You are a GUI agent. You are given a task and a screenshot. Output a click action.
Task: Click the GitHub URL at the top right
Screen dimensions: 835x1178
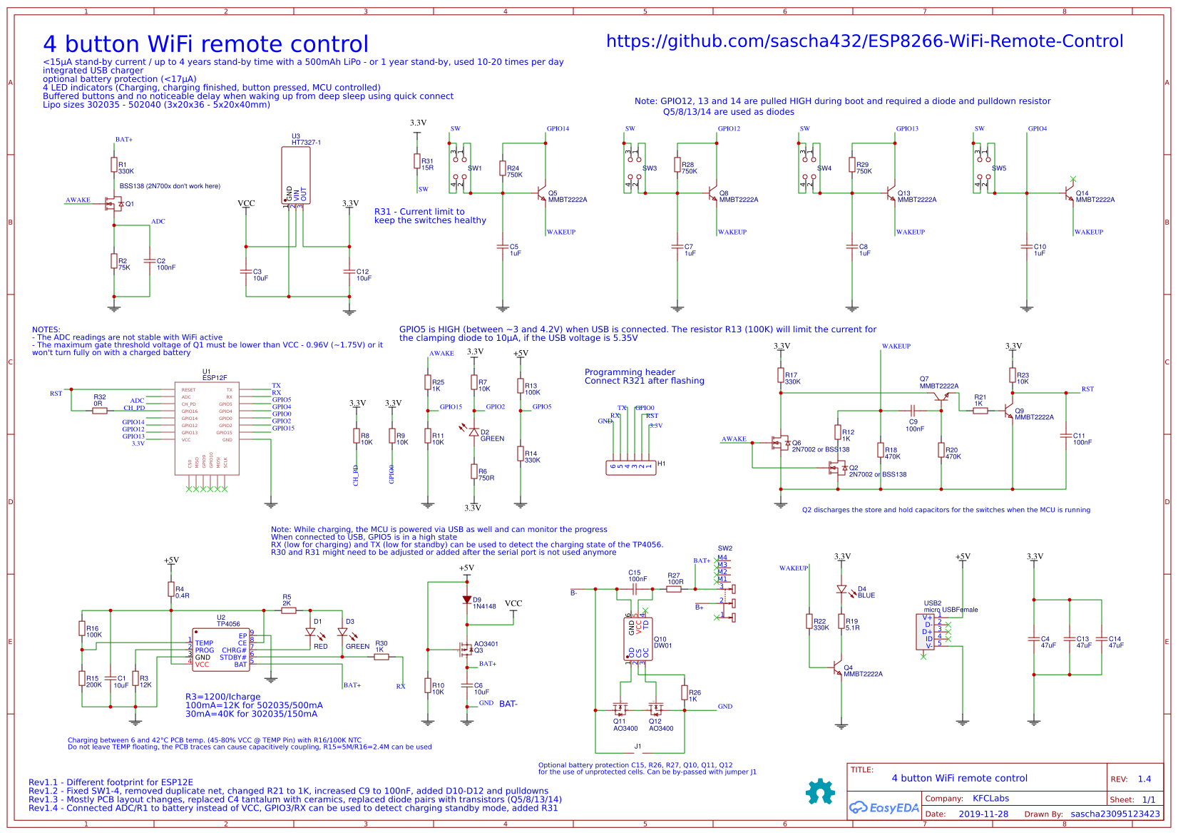click(864, 41)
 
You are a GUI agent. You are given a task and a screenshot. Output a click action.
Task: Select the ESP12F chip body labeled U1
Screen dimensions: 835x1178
click(207, 428)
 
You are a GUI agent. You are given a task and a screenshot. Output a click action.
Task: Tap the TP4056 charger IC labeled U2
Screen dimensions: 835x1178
click(221, 649)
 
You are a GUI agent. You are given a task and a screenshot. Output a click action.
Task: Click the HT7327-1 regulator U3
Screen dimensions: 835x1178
click(296, 175)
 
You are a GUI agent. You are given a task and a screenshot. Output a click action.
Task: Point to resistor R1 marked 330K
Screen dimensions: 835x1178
click(113, 165)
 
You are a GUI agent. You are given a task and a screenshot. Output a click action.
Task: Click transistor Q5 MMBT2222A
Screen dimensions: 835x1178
click(541, 193)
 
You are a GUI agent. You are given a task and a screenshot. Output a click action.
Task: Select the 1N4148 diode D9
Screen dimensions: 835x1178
click(467, 600)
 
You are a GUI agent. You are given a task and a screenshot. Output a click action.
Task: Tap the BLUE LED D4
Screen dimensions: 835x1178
click(841, 590)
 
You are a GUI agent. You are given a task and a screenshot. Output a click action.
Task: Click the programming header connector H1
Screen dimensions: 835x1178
click(631, 467)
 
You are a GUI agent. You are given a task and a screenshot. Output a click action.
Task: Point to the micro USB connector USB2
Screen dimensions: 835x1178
click(925, 632)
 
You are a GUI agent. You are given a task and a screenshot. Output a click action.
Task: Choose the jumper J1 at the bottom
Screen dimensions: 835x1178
click(638, 753)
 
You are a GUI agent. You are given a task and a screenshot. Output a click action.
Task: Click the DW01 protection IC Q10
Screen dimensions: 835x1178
click(637, 639)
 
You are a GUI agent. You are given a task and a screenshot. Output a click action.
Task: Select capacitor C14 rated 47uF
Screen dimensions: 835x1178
click(1102, 639)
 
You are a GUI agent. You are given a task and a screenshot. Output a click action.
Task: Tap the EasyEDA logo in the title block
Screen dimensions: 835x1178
click(883, 807)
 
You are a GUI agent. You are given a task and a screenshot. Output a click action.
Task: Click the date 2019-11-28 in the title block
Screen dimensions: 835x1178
click(983, 814)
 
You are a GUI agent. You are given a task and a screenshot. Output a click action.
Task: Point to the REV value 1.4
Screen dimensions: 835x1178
click(1144, 779)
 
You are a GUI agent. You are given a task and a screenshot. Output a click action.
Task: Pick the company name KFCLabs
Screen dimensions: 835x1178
click(990, 798)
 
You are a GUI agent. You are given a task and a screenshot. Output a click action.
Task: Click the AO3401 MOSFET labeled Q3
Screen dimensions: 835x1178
click(465, 649)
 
